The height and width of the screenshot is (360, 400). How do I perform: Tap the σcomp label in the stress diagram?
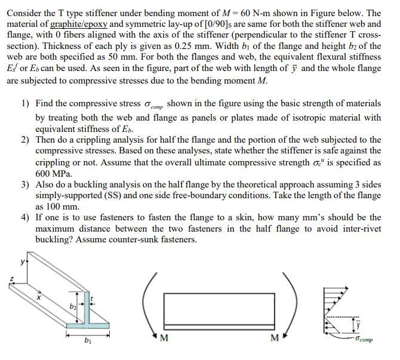(363, 339)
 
